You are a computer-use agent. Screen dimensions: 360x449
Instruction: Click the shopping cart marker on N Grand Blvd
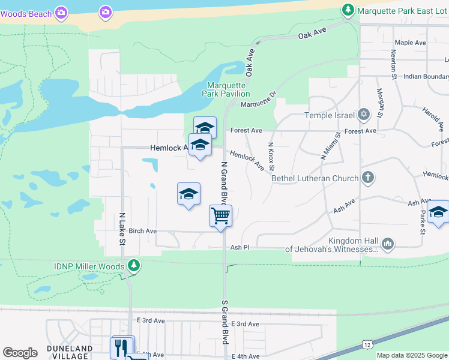[220, 215]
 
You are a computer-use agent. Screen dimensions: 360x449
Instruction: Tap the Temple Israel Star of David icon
[363, 115]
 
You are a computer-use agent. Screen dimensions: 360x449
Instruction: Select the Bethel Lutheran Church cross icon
[368, 178]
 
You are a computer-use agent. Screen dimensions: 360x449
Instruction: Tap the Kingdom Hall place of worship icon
[387, 243]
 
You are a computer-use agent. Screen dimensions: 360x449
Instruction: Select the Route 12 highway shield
[367, 343]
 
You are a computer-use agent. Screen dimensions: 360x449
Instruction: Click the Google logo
[20, 352]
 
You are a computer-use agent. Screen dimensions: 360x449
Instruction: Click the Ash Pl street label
[240, 247]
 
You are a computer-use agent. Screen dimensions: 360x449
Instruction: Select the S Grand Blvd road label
[225, 322]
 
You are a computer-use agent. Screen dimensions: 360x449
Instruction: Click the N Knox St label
[271, 155]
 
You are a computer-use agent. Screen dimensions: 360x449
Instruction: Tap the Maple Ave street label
[411, 43]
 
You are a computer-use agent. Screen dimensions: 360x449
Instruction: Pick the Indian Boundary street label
[426, 77]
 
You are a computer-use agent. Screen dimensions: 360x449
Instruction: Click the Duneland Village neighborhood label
[70, 352]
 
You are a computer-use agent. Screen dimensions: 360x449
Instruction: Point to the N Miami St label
[331, 146]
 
